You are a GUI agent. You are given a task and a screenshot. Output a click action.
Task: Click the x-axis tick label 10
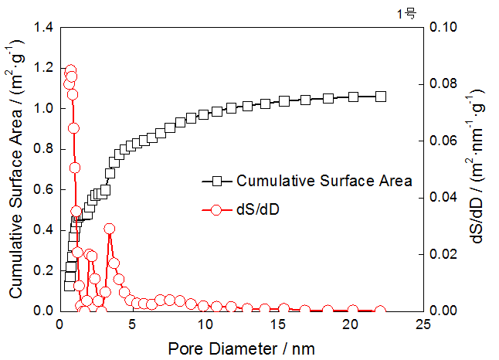point(205,324)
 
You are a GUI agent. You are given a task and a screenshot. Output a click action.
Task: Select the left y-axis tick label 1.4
point(42,28)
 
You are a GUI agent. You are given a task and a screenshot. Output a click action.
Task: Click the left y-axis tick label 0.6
point(42,189)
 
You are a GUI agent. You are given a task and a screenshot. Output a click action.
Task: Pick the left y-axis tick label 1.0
point(42,109)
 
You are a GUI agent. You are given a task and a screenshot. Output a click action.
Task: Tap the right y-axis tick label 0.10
point(443,28)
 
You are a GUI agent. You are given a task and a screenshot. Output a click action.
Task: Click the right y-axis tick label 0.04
point(443,198)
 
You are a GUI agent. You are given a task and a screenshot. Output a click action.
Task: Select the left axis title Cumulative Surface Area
point(16,169)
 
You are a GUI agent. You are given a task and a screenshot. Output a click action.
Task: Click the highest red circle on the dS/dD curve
point(70,71)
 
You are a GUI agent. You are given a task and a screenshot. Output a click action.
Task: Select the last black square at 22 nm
point(380,97)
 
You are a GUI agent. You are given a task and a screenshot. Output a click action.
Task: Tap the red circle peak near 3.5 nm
point(110,229)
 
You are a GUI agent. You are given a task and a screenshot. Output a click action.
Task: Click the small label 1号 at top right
point(406,13)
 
